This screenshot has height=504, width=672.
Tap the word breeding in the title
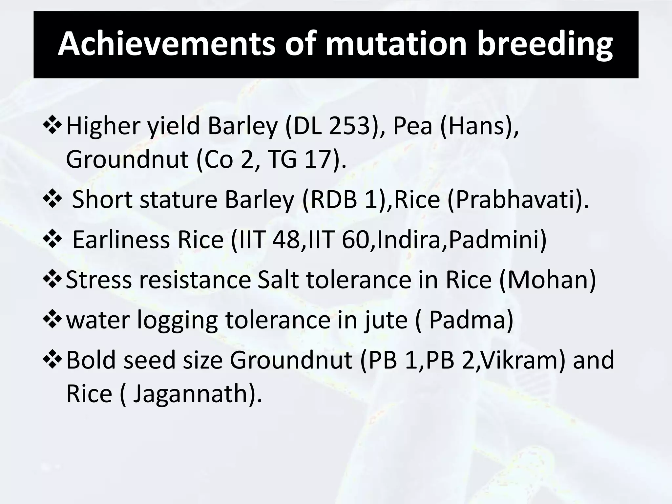click(544, 44)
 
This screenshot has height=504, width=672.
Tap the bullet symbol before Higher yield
click(52, 126)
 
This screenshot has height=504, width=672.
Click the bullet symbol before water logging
click(52, 320)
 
